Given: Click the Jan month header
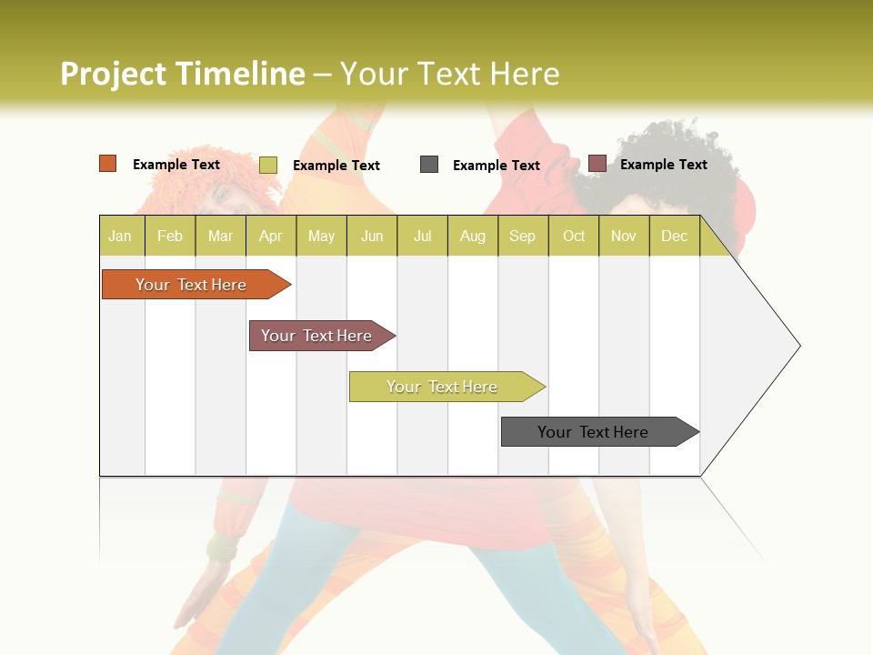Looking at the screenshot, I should [121, 236].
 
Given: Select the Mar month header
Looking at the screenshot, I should [220, 236].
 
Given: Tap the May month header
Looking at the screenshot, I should [321, 236].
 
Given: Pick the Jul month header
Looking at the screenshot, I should [422, 236].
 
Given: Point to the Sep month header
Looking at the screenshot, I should [522, 236].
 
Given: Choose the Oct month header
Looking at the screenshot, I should [574, 236].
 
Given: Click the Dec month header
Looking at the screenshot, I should [674, 236].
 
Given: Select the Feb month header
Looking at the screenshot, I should [170, 236].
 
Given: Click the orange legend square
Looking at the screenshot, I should [108, 164].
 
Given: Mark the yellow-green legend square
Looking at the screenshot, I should [268, 165].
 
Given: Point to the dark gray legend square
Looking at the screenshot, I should [429, 165].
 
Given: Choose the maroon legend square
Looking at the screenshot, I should [597, 164].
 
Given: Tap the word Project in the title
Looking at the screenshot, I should [114, 74].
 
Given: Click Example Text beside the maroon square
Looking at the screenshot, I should [663, 165].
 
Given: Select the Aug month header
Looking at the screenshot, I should [472, 236].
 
